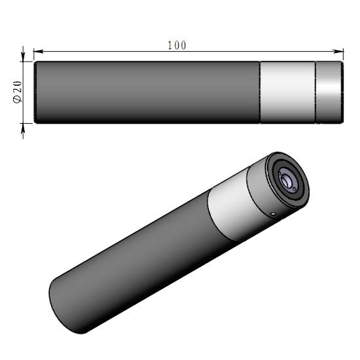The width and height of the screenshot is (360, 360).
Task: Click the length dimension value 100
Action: tap(177, 45)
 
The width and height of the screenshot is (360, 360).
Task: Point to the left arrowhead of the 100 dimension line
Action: tap(37, 50)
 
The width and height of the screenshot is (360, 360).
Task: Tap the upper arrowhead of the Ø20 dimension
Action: tap(24, 58)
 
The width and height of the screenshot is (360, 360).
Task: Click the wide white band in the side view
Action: tap(287, 92)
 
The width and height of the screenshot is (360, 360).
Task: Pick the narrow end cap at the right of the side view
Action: tap(329, 92)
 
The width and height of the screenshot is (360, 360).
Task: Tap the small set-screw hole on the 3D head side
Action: tap(272, 212)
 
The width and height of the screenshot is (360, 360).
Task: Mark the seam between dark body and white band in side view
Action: tap(260, 92)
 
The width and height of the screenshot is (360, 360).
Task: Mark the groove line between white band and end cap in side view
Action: tap(315, 92)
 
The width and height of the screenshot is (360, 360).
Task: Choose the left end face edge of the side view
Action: tap(34, 92)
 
